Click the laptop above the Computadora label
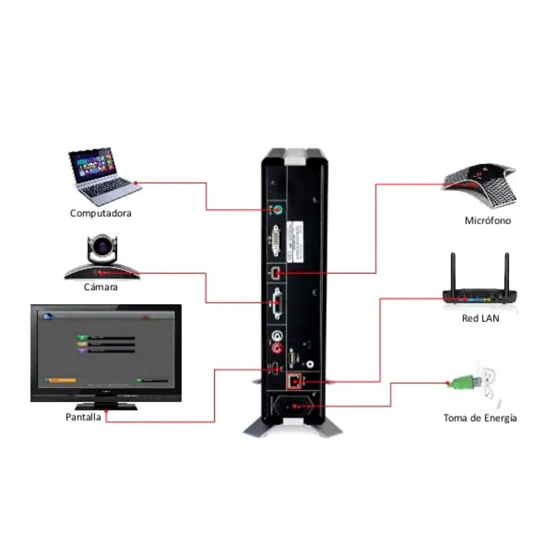click(101, 176)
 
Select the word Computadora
click(101, 214)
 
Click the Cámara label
click(101, 287)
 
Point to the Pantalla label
click(83, 417)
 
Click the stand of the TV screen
click(106, 406)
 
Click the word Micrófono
click(488, 221)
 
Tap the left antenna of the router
click(453, 271)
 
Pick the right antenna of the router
click(506, 271)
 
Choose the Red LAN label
click(480, 318)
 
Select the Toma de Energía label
click(480, 418)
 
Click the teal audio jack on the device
click(278, 210)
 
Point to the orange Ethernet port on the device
click(295, 381)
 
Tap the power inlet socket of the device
click(295, 407)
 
